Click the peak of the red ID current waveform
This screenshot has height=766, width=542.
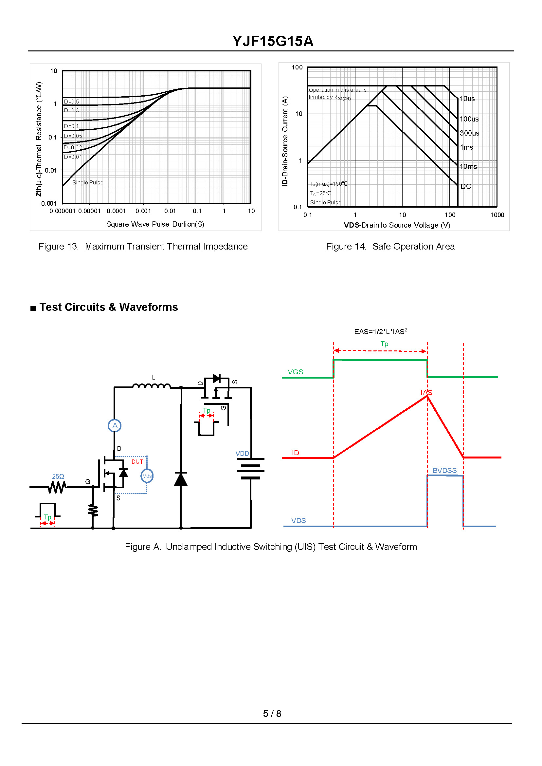point(427,396)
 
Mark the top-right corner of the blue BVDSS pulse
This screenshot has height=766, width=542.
point(463,476)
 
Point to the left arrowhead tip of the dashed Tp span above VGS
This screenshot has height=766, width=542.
point(334,350)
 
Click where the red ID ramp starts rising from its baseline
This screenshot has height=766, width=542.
point(334,458)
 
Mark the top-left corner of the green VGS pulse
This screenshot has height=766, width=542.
point(334,360)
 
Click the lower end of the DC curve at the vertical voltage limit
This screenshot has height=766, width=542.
point(458,185)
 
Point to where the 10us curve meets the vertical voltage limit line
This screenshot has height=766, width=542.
point(458,99)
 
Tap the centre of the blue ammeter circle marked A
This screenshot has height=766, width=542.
point(115,425)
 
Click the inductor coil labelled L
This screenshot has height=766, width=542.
point(152,386)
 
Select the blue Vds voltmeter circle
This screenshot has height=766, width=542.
point(147,476)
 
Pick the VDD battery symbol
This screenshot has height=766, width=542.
point(251,469)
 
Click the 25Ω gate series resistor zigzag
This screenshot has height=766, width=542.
point(57,488)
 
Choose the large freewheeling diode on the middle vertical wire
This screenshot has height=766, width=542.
point(181,479)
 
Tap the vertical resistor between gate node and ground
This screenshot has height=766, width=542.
point(93,511)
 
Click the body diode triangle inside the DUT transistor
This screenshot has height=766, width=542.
point(123,473)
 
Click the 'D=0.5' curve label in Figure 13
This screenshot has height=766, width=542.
point(71,102)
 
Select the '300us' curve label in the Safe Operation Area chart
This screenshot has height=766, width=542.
point(470,133)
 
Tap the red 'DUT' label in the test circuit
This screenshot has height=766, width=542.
point(137,462)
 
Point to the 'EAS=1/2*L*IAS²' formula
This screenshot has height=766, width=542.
point(380,331)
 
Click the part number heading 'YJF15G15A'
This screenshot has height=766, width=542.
point(273,41)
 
